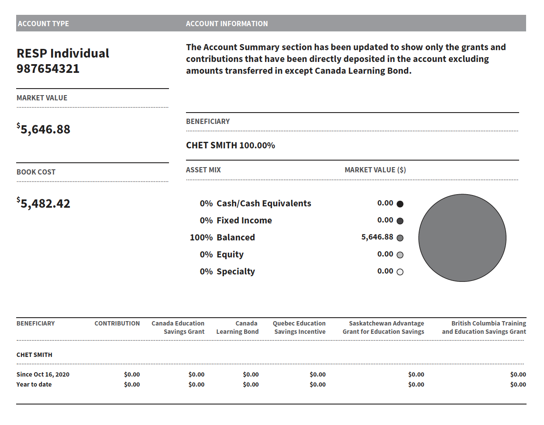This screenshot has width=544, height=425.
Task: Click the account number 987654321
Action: [x=48, y=69]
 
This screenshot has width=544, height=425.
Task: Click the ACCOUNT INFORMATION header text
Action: [x=227, y=24]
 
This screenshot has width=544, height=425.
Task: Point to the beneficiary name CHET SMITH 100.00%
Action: [x=231, y=145]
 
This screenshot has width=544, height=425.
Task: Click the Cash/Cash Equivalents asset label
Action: [x=264, y=203]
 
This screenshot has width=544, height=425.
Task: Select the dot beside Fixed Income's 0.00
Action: [x=400, y=221]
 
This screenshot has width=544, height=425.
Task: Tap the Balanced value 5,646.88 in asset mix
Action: [x=377, y=237]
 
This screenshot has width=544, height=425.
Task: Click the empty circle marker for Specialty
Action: [x=400, y=272]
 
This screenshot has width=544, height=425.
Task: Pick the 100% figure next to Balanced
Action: [x=201, y=237]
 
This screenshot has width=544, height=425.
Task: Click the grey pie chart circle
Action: [x=462, y=238]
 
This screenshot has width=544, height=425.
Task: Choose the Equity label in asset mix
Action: [x=230, y=254]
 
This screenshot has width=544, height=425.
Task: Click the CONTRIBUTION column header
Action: [x=117, y=323]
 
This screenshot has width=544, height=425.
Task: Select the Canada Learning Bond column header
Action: [x=238, y=327]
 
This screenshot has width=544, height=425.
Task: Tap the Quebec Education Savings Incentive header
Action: [x=300, y=327]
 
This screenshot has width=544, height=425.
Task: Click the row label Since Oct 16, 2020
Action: [x=43, y=374]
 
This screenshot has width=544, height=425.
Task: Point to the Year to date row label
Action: [x=34, y=384]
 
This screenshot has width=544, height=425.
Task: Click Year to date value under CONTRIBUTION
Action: [x=132, y=384]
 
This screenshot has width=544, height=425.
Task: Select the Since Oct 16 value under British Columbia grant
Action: [x=518, y=374]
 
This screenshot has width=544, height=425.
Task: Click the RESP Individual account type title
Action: [x=63, y=53]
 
